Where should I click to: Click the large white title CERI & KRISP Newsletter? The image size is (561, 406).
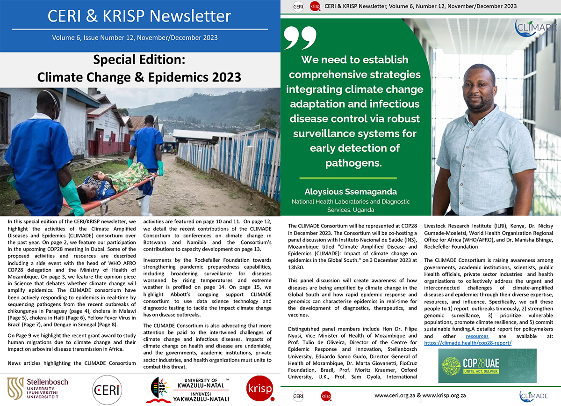pyautogui.click(x=139, y=16)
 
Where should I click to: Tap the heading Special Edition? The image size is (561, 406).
pyautogui.click(x=139, y=60)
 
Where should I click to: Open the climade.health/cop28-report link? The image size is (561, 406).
pyautogui.click(x=467, y=343)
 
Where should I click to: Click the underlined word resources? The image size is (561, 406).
pyautogui.click(x=477, y=336)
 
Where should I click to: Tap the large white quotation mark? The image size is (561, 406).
pyautogui.click(x=300, y=38)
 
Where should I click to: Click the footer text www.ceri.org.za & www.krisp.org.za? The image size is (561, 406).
pyautogui.click(x=420, y=396)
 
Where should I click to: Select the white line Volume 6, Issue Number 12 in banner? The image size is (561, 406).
pyautogui.click(x=135, y=37)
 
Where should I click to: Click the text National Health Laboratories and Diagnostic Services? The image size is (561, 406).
pyautogui.click(x=351, y=206)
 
